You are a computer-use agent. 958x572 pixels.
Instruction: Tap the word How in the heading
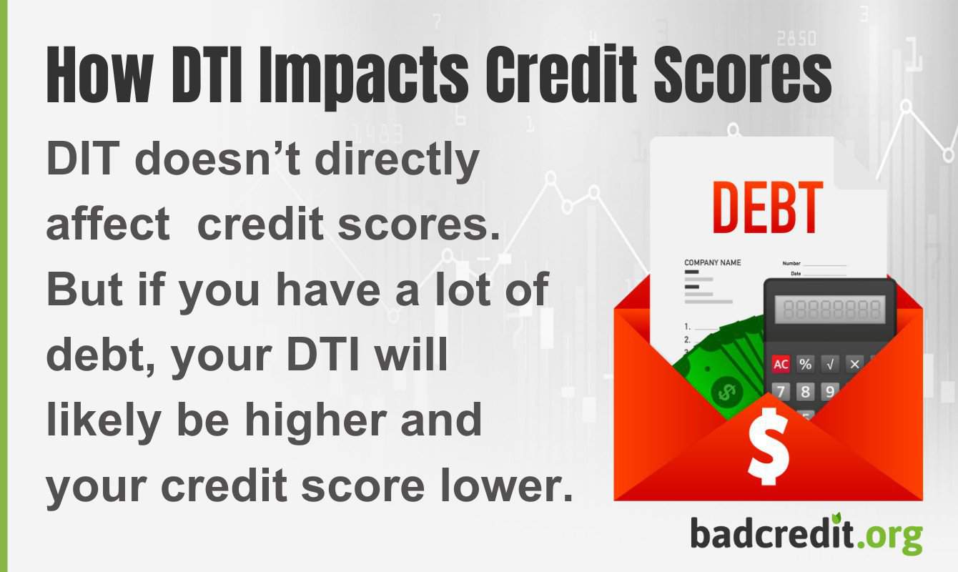point(93,74)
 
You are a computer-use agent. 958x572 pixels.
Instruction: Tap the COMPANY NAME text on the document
point(712,262)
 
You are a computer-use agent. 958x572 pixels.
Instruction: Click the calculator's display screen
point(830,310)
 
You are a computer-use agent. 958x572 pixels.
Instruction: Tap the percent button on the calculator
point(806,364)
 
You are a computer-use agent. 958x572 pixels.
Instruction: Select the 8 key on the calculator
point(806,391)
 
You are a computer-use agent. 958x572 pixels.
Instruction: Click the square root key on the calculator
point(829,364)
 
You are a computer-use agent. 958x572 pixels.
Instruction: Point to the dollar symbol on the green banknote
point(726,393)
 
